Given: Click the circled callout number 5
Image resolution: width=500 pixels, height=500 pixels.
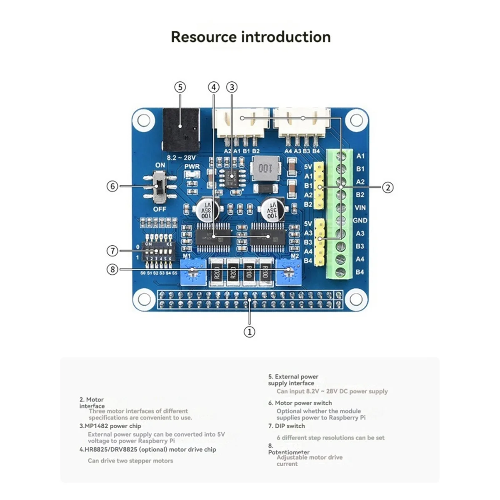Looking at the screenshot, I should [x=180, y=87].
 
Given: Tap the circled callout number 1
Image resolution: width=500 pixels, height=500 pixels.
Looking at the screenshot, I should [x=249, y=332].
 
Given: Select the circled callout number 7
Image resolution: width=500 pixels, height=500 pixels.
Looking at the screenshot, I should [x=112, y=251].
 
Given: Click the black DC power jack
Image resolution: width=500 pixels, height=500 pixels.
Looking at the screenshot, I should [x=181, y=130].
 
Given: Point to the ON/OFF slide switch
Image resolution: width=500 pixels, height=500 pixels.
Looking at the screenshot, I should [x=160, y=187].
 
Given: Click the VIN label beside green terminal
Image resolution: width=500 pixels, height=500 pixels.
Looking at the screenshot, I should [x=360, y=207].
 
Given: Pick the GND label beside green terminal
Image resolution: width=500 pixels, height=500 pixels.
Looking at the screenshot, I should [x=360, y=220].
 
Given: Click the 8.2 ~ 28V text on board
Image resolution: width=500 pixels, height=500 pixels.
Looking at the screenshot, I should [x=181, y=158].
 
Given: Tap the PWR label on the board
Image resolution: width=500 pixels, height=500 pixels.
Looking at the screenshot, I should [x=192, y=167].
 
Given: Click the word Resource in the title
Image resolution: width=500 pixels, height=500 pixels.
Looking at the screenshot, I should [x=204, y=37].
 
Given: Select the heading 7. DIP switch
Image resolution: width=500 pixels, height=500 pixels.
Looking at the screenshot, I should [x=287, y=426].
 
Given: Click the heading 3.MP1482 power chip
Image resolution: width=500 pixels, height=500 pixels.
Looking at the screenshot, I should [x=110, y=426].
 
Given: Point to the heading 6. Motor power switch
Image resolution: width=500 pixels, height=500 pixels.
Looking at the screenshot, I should [x=300, y=403].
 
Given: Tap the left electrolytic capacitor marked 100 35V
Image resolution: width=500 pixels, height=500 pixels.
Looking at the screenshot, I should [x=206, y=210].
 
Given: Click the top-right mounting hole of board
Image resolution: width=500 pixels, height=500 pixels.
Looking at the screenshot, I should [x=356, y=120].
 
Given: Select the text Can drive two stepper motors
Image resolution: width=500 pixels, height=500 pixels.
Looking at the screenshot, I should [x=130, y=461].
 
